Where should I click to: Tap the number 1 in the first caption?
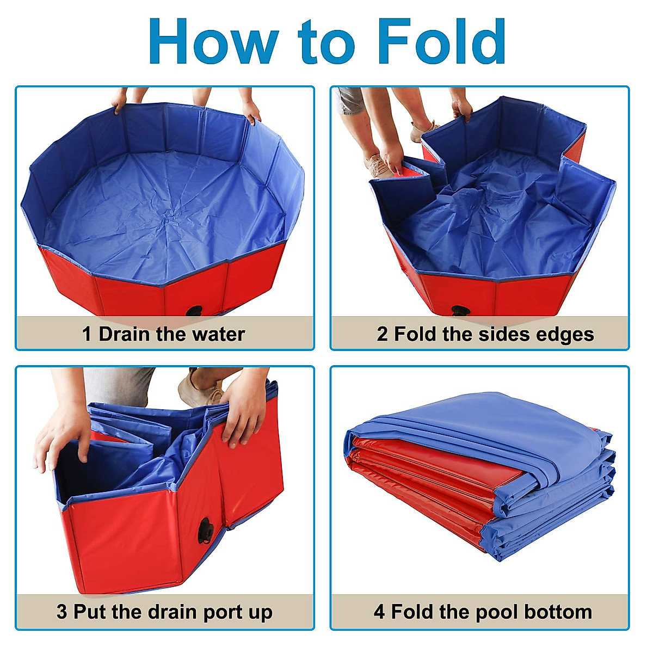click(x=87, y=334)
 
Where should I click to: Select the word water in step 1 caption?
click(x=218, y=334)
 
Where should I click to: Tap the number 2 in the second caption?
click(x=382, y=334)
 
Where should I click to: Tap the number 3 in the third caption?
click(x=61, y=612)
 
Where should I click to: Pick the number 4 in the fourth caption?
click(x=379, y=612)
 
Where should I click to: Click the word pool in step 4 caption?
click(x=491, y=612)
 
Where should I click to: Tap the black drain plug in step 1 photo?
click(x=194, y=311)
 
